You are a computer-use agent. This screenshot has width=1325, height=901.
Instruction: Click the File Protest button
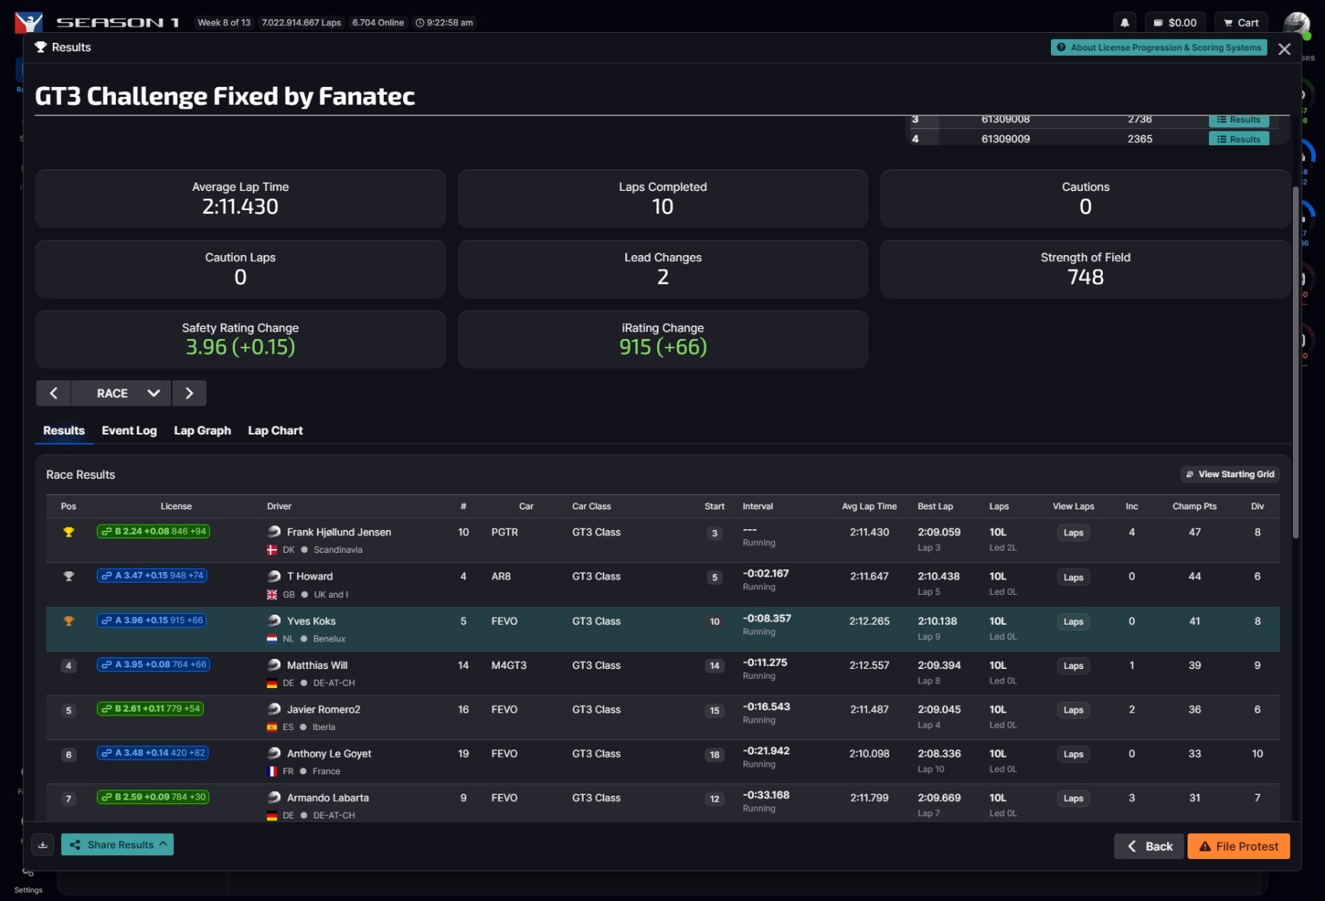1238,846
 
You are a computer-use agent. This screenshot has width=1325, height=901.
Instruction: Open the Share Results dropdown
118,844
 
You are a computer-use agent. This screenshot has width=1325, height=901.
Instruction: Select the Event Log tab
129,431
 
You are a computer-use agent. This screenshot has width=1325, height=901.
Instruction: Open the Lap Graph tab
202,431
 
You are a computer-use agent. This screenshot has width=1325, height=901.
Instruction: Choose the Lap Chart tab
275,431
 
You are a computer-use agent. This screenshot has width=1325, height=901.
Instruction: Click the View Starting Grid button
1230,474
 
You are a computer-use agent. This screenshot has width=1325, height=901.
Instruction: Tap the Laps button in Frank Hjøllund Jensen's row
1073,533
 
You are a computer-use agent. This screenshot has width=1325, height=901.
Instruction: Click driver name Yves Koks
311,622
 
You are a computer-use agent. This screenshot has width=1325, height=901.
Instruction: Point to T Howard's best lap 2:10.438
939,576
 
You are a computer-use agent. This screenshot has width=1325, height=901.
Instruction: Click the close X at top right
1285,49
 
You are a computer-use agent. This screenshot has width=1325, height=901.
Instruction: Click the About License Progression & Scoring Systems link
1159,47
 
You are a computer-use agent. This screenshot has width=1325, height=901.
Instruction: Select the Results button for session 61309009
1239,139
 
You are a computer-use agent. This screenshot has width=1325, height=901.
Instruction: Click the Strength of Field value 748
1085,277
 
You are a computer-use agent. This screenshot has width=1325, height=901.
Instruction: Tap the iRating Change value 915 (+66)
662,347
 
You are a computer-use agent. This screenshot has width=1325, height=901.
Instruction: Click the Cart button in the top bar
1240,23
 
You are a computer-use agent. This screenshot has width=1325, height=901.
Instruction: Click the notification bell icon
1124,23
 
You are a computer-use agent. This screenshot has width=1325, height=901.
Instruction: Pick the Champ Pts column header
1194,506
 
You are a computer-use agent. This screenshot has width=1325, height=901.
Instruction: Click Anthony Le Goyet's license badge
153,753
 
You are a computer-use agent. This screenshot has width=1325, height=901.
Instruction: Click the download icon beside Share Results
43,844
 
